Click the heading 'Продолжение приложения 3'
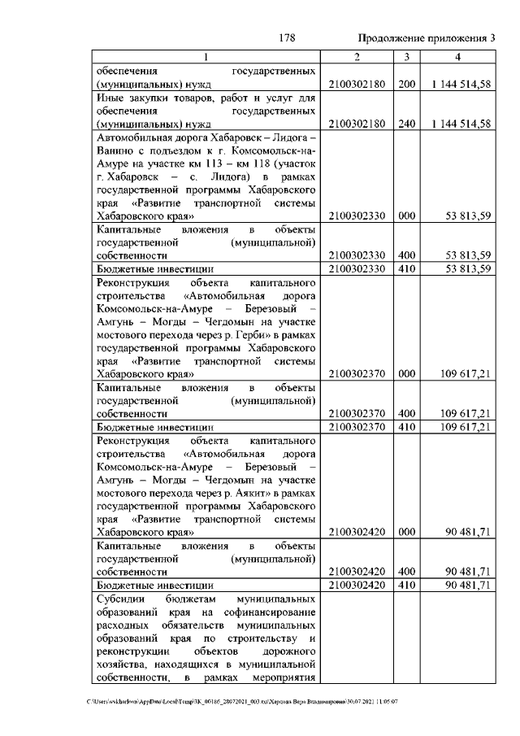(x=427, y=39)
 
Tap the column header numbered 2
(x=357, y=57)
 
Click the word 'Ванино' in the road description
(x=115, y=151)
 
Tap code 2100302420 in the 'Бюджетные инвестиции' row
(x=357, y=585)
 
